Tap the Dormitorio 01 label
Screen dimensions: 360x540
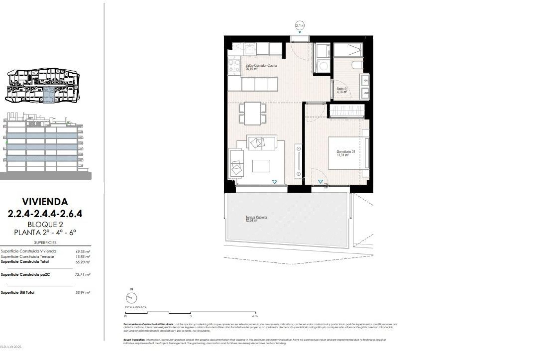(346, 153)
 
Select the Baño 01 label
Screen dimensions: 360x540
(342, 90)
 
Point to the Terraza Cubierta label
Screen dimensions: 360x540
(256, 219)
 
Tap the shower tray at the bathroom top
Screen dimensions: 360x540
(348, 50)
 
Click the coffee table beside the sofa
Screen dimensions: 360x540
(261, 166)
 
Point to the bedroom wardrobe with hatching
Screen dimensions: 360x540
(347, 111)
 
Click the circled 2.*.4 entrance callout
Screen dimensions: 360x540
(300, 26)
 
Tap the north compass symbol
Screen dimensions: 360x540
(132, 298)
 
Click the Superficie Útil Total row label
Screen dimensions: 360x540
(18, 292)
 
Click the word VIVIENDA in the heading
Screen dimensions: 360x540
(45, 202)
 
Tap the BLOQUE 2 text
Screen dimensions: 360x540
(45, 224)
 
